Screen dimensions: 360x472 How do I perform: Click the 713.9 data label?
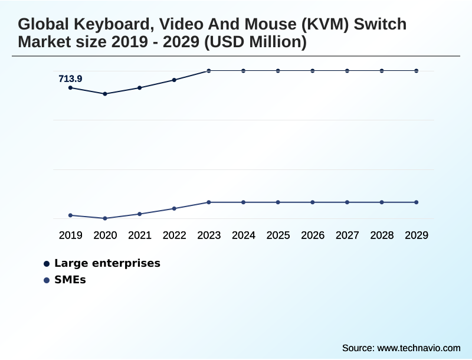click(70, 78)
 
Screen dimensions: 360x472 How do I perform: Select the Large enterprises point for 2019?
click(70, 88)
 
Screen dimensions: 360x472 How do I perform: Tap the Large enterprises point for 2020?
click(105, 94)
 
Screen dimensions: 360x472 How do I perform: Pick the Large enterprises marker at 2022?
click(174, 80)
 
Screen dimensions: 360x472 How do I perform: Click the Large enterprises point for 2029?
click(417, 71)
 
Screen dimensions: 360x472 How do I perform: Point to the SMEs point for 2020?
click(105, 218)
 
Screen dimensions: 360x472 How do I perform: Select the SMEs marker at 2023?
click(209, 202)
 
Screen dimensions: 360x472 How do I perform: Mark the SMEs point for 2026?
click(313, 202)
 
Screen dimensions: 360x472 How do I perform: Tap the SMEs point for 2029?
click(417, 202)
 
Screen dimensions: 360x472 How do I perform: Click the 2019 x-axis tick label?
click(70, 235)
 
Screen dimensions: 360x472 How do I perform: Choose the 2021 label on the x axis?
click(140, 235)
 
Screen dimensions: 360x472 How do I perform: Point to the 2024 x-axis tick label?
click(244, 235)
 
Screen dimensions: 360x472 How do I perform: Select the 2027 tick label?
click(348, 235)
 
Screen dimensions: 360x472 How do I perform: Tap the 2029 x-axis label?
click(417, 235)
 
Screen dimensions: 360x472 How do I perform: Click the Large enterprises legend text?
click(107, 263)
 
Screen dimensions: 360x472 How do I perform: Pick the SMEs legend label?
click(70, 280)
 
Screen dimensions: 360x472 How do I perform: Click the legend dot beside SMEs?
click(47, 280)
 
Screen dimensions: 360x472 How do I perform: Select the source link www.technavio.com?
click(418, 348)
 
